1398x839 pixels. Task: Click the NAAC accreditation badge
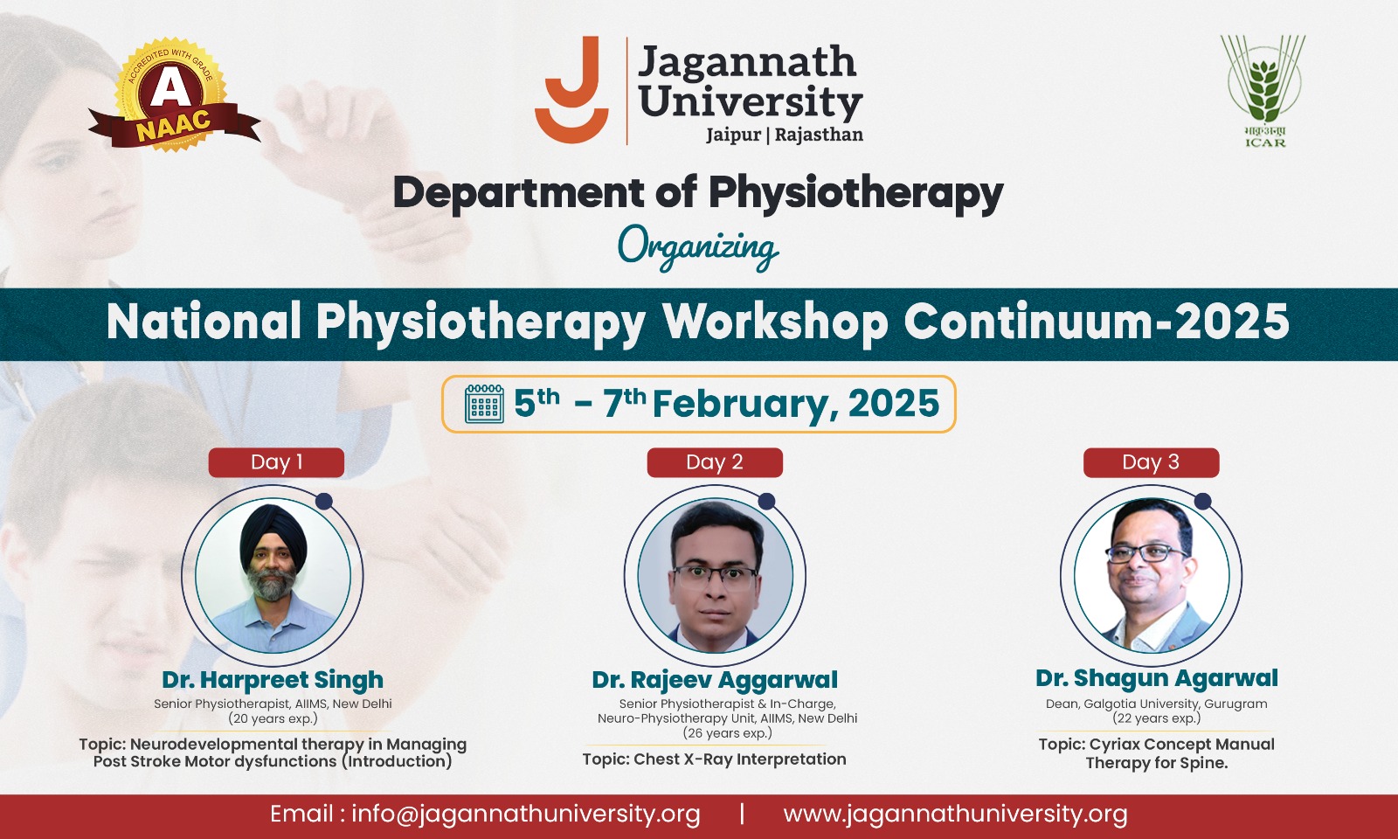click(172, 97)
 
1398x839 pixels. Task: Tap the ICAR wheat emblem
click(1263, 91)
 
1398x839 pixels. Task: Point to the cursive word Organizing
click(698, 248)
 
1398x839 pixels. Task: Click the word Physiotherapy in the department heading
click(855, 193)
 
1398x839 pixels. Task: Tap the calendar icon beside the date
click(484, 404)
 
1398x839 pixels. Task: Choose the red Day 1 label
click(276, 462)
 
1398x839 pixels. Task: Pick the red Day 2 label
click(715, 462)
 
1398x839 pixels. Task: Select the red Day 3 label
click(1151, 462)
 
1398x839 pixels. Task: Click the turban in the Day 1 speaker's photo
click(273, 534)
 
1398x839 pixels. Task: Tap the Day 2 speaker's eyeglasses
click(715, 577)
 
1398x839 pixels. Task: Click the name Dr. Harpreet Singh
click(273, 680)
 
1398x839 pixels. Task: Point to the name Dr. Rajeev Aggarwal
click(715, 680)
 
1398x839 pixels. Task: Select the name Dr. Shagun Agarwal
click(1157, 678)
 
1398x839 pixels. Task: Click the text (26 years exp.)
click(727, 733)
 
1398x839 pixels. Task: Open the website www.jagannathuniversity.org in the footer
click(956, 815)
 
